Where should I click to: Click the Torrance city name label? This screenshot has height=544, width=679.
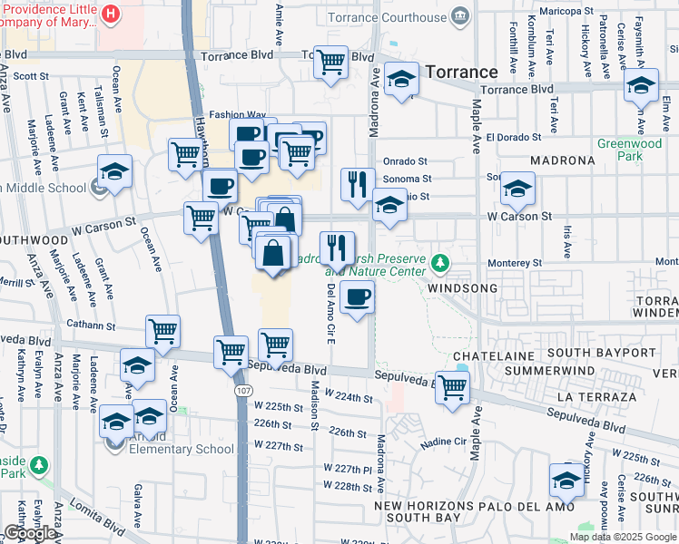[x=461, y=72]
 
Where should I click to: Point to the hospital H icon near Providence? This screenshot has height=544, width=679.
[x=111, y=13]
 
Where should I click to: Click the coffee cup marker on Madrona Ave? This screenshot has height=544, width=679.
[x=358, y=297]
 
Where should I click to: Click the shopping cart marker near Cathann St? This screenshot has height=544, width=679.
[x=162, y=332]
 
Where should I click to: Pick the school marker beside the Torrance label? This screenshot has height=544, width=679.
[x=401, y=80]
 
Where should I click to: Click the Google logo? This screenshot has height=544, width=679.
[x=29, y=533]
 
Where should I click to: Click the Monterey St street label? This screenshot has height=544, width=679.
[x=515, y=262]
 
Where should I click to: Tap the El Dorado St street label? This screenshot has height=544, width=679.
[x=513, y=138]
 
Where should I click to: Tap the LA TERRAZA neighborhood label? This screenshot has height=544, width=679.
[x=597, y=397]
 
